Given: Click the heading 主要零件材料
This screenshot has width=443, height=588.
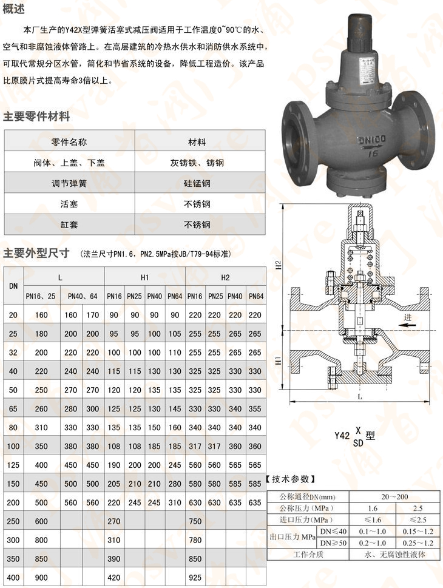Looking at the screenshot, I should (x=36, y=117).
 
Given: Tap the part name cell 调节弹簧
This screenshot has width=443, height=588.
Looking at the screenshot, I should (x=69, y=183).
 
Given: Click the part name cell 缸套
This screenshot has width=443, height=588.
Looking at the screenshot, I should (x=69, y=225).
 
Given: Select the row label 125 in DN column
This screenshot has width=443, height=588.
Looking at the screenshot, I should (x=12, y=465).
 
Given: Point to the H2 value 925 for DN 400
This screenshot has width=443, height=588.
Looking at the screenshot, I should (x=196, y=578).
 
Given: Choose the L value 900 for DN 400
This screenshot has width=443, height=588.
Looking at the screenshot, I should (x=41, y=578).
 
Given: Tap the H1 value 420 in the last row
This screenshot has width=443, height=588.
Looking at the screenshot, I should (x=114, y=578).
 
